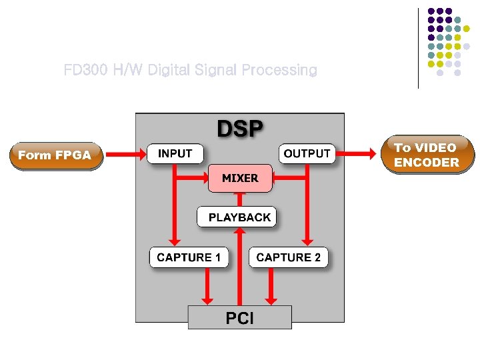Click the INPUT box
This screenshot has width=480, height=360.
point(175,154)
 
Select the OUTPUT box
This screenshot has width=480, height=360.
point(307,154)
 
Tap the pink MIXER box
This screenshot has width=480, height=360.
point(240,178)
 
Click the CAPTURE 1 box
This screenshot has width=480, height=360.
point(189,257)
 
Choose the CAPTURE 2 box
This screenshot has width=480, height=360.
point(289,257)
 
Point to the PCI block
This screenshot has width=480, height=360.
point(239,318)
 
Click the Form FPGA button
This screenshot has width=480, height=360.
point(55,155)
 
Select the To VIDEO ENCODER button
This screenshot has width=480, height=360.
point(426,155)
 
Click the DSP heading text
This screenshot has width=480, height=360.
point(239,128)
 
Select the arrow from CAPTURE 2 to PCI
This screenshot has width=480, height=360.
point(271,287)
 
